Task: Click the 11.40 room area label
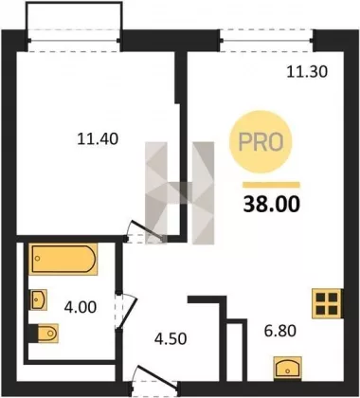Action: pyautogui.click(x=98, y=138)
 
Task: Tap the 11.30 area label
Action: pyautogui.click(x=307, y=72)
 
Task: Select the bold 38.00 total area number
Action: pyautogui.click(x=272, y=204)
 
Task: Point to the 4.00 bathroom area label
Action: pyautogui.click(x=81, y=307)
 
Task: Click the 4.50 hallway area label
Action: pyautogui.click(x=171, y=338)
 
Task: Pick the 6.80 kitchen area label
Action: pyautogui.click(x=279, y=331)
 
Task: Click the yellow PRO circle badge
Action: pyautogui.click(x=261, y=142)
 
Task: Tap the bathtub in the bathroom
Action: pyautogui.click(x=63, y=259)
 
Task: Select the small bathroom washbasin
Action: pyautogui.click(x=39, y=299)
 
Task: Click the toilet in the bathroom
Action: pyautogui.click(x=45, y=333)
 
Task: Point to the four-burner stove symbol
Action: pyautogui.click(x=327, y=303)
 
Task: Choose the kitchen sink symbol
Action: pyautogui.click(x=287, y=368)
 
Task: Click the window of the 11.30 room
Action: pyautogui.click(x=267, y=40)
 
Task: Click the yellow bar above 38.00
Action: pyautogui.click(x=271, y=185)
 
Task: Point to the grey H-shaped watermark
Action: pyautogui.click(x=179, y=193)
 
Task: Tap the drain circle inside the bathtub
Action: pyautogui.click(x=38, y=259)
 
